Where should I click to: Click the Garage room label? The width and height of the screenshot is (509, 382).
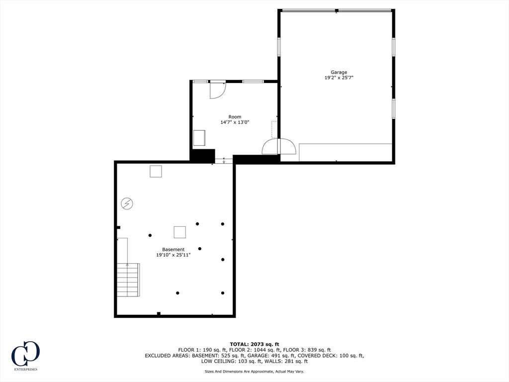(339, 72)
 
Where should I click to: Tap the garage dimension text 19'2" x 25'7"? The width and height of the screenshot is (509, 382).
(339, 78)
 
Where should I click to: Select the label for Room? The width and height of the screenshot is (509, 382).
(235, 117)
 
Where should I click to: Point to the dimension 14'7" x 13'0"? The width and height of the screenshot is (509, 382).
(235, 122)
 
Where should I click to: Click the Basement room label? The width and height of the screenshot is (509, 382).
(173, 250)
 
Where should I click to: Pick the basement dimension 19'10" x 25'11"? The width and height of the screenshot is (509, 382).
(173, 255)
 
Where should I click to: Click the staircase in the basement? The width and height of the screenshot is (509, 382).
(128, 280)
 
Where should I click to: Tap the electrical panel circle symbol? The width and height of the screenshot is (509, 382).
(127, 203)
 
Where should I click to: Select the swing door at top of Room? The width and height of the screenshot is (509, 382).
(217, 90)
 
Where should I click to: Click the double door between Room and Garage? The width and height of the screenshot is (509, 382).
(279, 147)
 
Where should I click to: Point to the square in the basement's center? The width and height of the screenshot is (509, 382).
(179, 232)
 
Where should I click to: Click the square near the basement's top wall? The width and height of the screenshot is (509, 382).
(156, 171)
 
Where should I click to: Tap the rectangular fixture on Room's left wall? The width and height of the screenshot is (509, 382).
(199, 137)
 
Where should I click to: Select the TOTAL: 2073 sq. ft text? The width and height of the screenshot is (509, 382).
(254, 344)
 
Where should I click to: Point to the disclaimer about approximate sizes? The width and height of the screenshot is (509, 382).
(254, 372)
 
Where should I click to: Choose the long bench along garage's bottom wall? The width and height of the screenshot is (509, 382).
(345, 152)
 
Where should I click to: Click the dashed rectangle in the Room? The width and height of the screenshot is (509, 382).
(274, 129)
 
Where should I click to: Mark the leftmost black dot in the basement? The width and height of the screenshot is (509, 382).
(150, 235)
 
